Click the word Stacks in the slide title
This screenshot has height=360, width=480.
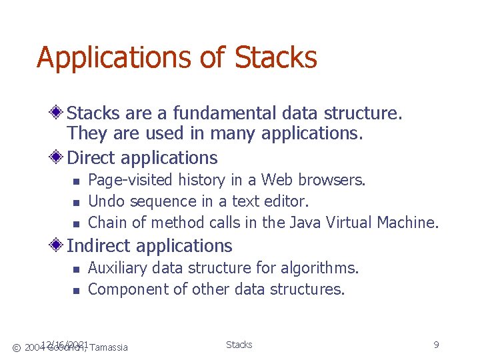pyautogui.click(x=276, y=57)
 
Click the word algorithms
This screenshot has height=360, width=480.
pyautogui.click(x=320, y=269)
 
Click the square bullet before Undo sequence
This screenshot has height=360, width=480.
pyautogui.click(x=75, y=202)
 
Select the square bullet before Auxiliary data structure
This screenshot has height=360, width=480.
pyautogui.click(x=75, y=269)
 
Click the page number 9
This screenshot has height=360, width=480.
pyautogui.click(x=436, y=345)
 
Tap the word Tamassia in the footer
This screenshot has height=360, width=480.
pyautogui.click(x=109, y=347)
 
